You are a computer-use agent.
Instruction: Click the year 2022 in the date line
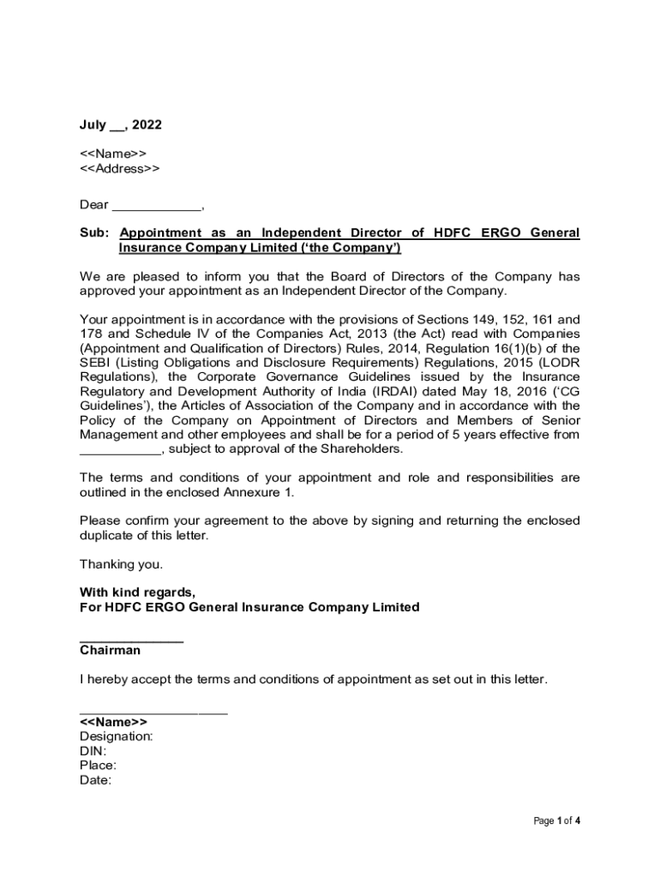tap(147, 125)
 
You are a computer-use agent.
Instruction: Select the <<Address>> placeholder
tap(119, 168)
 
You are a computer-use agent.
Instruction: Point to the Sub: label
tap(94, 233)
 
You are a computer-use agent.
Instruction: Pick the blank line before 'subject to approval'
tap(120, 451)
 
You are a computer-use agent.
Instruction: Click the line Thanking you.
tap(121, 564)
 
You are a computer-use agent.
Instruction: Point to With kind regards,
tap(137, 592)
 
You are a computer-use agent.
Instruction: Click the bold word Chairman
tap(110, 651)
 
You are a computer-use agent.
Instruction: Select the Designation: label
tap(117, 737)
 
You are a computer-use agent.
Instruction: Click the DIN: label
tap(93, 751)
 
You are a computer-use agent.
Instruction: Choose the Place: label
tap(99, 766)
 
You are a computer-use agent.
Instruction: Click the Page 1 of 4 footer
tap(557, 821)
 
